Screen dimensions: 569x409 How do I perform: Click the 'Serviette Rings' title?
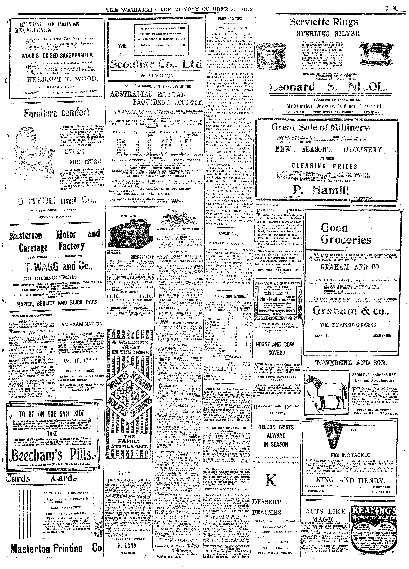tap(324, 23)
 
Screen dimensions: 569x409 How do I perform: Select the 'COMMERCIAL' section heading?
tap(228, 234)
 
